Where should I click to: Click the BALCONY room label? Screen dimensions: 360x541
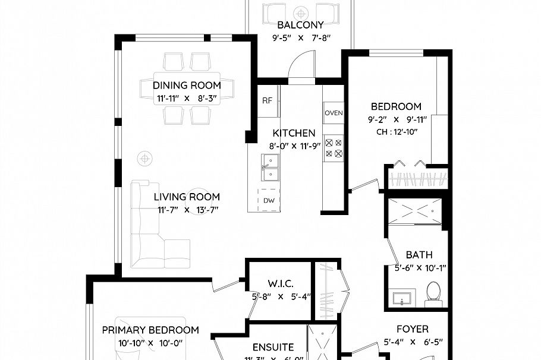pos(301,25)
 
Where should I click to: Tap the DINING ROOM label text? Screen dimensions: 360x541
pos(187,85)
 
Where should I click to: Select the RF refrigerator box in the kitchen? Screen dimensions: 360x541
pos(268,100)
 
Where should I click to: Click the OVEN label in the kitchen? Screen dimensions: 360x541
pos(334,113)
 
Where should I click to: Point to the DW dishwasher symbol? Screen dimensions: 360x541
pos(269,200)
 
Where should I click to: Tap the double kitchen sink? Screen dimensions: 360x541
pos(270,167)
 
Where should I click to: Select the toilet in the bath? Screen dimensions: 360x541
pos(433,293)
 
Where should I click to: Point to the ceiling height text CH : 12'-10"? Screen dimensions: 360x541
pos(396,132)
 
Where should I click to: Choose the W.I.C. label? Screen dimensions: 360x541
pos(281,284)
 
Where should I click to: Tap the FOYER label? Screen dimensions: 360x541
pos(413,329)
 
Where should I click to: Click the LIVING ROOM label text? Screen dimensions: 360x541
pos(187,197)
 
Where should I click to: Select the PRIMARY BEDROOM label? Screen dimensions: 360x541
pos(150,330)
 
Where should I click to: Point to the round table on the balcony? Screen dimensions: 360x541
pos(302,12)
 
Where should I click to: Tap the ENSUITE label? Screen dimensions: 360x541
pos(273,347)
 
